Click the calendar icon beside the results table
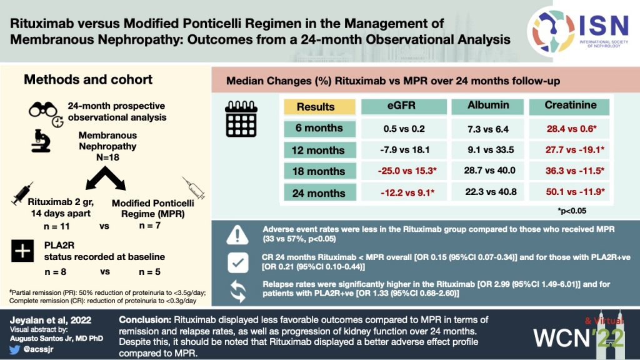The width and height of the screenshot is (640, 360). point(241,121)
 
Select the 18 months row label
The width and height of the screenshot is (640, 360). point(319,171)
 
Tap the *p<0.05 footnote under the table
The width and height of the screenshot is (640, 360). point(572,211)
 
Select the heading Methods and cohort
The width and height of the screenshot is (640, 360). point(87,80)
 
